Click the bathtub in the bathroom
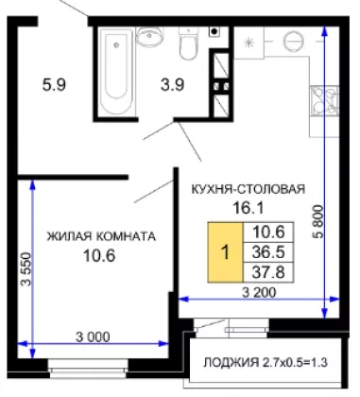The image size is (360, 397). coord(116,72)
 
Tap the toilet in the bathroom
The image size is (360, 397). coord(189,43)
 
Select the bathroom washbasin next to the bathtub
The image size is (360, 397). coord(149,37)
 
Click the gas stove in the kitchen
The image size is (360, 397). coord(324,101)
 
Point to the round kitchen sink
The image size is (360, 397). coord(293,41)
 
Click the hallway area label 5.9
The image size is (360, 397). coord(54,85)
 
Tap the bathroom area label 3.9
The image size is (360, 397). coord(172,85)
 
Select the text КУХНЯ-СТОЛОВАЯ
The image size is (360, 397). coord(249,189)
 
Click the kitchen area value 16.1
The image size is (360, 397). coord(248,208)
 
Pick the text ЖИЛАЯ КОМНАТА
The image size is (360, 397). coord(101,236)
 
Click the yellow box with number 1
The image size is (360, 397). coord(225,252)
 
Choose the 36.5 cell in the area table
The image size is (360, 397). coord(268,252)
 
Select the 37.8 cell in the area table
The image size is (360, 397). coord(268,272)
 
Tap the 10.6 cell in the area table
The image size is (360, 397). coord(268,233)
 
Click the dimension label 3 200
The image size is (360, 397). coord(259,293)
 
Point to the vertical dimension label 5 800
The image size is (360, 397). coord(318,221)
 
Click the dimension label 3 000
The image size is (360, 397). coord(93,337)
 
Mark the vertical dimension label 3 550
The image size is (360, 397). coord(26,268)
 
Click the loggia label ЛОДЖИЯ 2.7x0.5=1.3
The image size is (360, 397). coord(266,363)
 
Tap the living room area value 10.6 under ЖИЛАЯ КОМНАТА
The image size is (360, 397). coord(99,255)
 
